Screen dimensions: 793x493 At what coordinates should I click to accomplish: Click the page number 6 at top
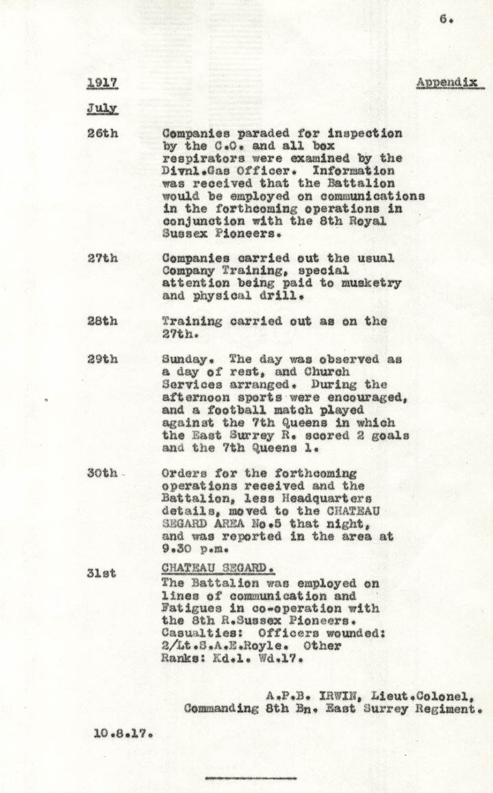point(445,20)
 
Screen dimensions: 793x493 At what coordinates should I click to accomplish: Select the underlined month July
point(102,108)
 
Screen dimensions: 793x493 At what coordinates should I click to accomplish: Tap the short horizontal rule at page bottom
point(251,779)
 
